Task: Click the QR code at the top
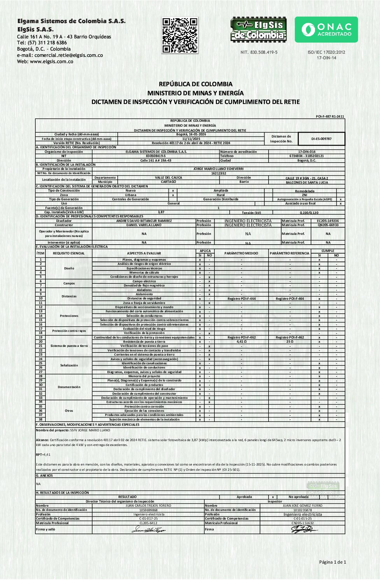point(180,35)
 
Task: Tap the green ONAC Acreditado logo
point(326,30)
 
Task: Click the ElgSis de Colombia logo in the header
point(258,30)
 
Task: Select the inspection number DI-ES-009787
point(321,139)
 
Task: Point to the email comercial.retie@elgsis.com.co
point(68,55)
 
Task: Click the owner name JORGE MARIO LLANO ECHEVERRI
point(218,169)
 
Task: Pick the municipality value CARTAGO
point(168,182)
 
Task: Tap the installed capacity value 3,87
point(161,212)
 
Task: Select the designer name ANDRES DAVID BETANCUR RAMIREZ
point(144,221)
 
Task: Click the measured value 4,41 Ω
point(241,342)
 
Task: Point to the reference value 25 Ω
point(290,342)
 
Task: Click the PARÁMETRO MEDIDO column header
point(241,253)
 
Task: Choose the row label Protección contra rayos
point(69,331)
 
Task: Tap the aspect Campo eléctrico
point(144,281)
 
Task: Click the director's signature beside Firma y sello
point(148,530)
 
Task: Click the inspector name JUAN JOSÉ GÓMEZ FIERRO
point(302,506)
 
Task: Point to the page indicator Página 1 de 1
point(332,562)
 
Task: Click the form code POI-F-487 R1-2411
point(330,117)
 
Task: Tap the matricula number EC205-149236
point(328,221)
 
